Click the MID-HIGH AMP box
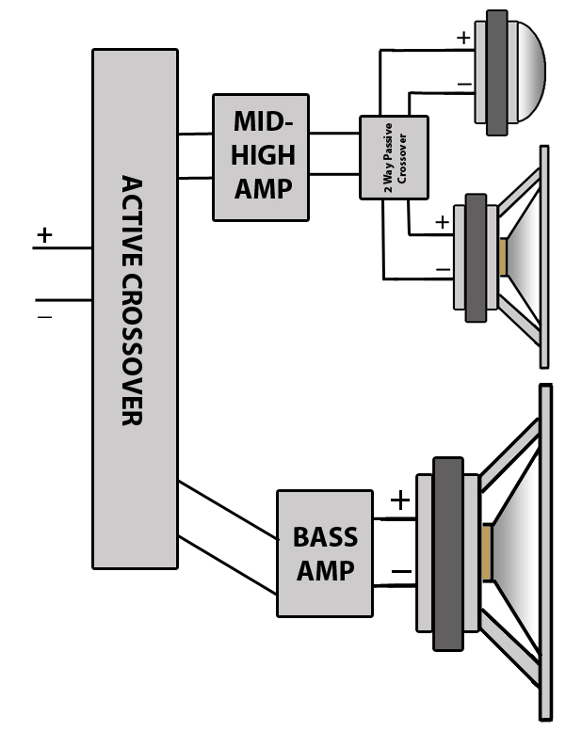tap(261, 157)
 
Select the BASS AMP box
tap(325, 553)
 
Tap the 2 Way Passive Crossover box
tap(394, 157)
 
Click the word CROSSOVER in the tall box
tap(132, 350)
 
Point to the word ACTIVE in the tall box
tap(132, 221)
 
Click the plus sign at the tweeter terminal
tap(463, 38)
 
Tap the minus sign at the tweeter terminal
tap(464, 85)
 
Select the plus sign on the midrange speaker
tap(442, 222)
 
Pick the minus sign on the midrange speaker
tap(443, 269)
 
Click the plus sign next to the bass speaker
tap(400, 501)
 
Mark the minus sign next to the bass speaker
tap(401, 571)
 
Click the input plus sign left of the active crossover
tap(44, 235)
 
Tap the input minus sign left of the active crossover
tap(45, 317)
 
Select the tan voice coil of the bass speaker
tap(487, 553)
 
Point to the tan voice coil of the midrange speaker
tap(503, 258)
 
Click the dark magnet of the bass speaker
tap(448, 553)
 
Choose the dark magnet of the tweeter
tap(496, 72)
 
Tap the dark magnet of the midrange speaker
tap(476, 258)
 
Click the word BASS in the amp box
tap(325, 537)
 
